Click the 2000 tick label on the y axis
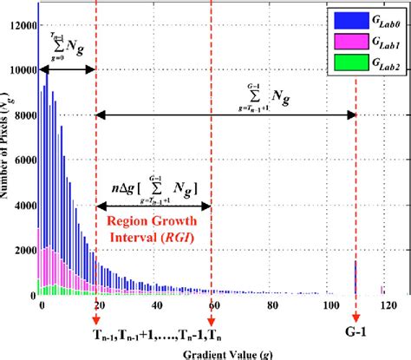pyautogui.click(x=22, y=251)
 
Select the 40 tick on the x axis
pyautogui.click(x=155, y=305)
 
